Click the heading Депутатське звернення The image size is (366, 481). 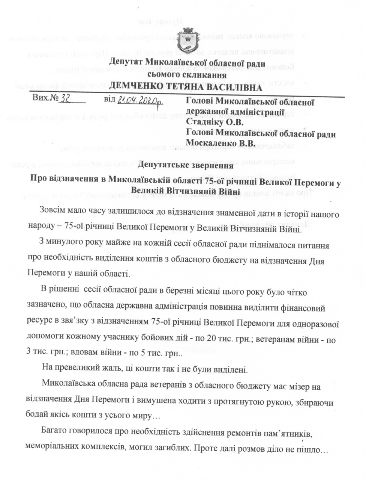[x=186, y=164]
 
